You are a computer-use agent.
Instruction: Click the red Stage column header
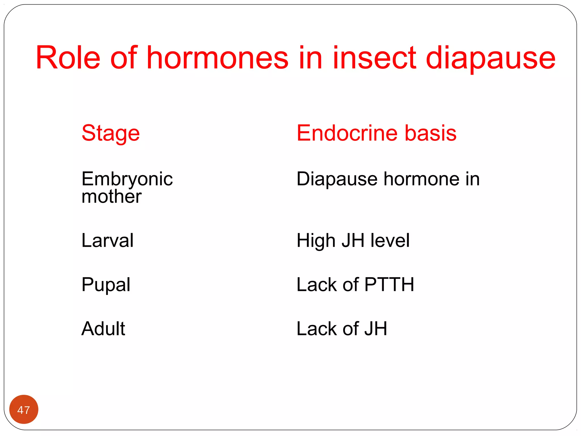click(x=110, y=133)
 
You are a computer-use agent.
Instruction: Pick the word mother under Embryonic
click(x=111, y=196)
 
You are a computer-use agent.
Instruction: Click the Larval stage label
click(x=107, y=240)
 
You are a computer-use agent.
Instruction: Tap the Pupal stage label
click(x=106, y=285)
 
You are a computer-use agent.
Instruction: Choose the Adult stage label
click(x=103, y=329)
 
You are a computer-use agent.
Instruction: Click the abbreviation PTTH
click(x=389, y=284)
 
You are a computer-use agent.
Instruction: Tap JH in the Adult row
click(x=376, y=329)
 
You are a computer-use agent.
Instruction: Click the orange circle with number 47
click(x=24, y=409)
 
